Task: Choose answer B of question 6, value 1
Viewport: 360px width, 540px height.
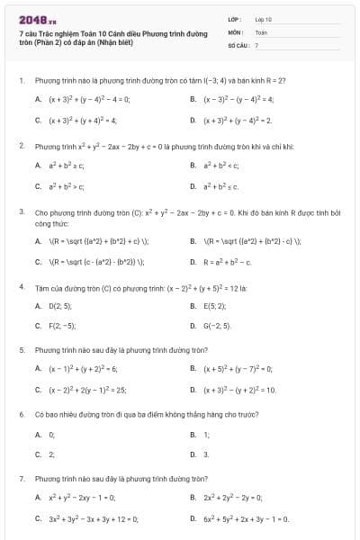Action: [207, 435]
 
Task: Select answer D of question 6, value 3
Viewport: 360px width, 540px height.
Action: [207, 454]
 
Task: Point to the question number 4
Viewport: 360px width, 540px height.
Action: [21, 285]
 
